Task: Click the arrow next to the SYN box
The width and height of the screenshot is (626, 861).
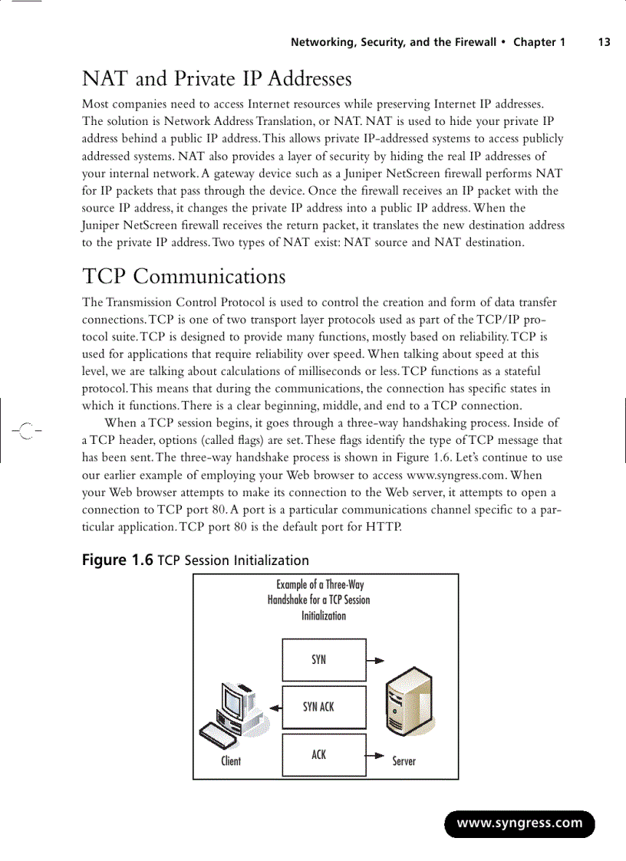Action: point(374,659)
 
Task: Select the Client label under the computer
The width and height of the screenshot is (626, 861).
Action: point(231,761)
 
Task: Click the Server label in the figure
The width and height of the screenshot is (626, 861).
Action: point(404,761)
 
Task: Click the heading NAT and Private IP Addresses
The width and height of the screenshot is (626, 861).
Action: point(216,79)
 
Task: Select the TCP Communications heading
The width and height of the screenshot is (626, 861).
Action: point(183,276)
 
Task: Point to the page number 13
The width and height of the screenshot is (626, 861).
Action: point(604,42)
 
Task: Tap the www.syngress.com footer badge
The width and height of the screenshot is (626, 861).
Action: point(519,824)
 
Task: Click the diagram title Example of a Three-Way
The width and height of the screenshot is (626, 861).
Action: point(320,585)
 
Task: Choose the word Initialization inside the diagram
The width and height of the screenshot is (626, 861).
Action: point(323,616)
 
